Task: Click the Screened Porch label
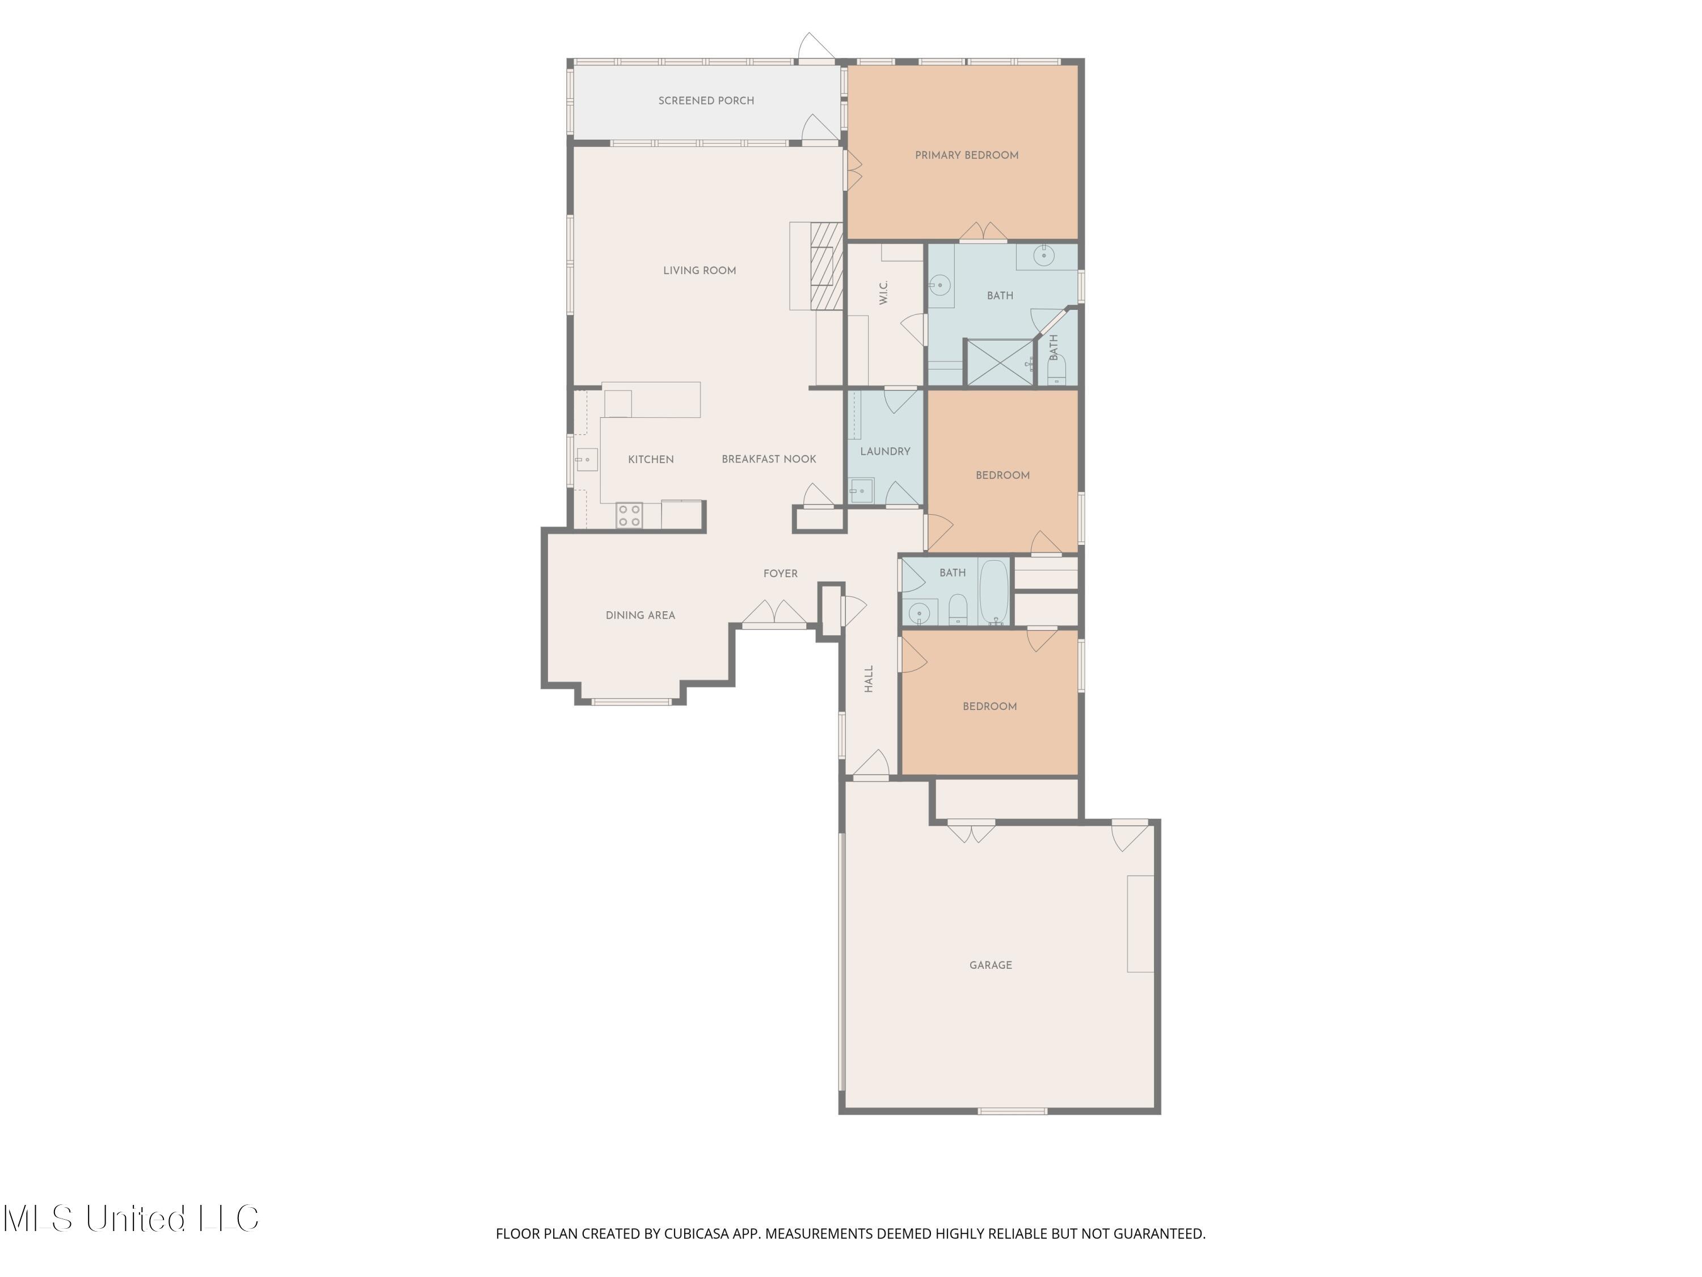706,101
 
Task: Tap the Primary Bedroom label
966,156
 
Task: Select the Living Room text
700,271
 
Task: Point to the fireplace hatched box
827,266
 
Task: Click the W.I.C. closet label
883,292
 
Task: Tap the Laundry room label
885,452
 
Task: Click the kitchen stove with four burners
629,515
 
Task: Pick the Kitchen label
651,460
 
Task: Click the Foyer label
780,573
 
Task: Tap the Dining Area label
640,616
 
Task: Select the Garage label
990,965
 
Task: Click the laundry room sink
861,490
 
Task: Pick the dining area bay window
631,701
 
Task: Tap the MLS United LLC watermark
131,1219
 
